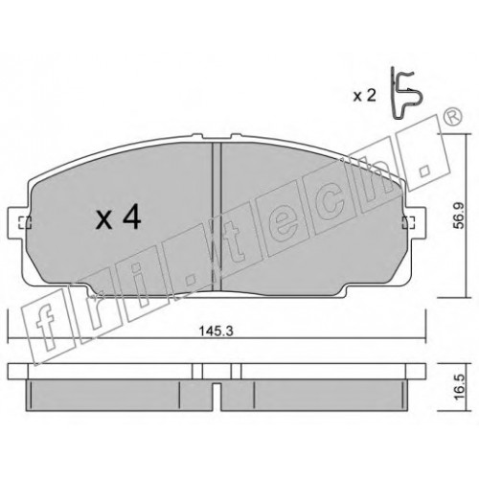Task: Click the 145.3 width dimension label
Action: point(217,331)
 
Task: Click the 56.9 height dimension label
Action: point(460,216)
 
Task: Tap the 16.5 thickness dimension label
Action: point(459,387)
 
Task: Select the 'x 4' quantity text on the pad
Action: point(118,218)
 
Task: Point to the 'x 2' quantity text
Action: point(364,96)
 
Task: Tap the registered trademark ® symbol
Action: point(452,117)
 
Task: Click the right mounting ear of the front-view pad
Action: point(414,222)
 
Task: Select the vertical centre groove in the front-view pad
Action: point(217,217)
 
